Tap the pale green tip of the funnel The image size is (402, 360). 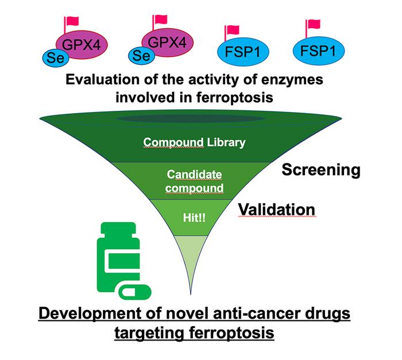tap(189, 258)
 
